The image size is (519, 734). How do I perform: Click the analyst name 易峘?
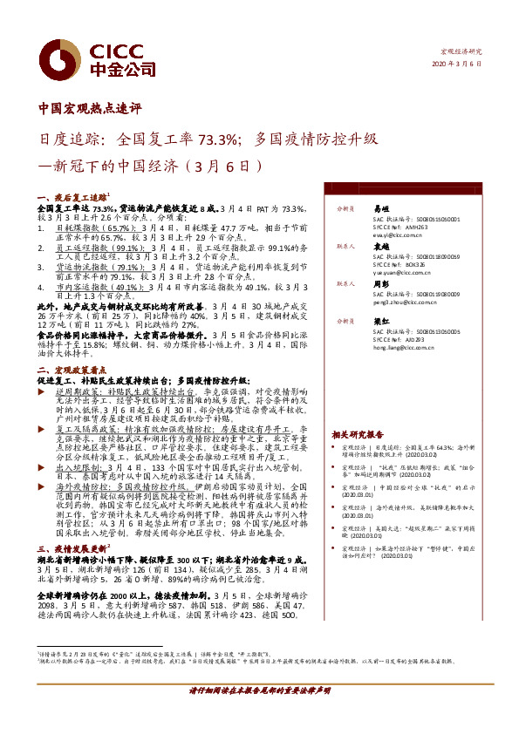(380, 209)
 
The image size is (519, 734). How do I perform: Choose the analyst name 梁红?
(380, 321)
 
